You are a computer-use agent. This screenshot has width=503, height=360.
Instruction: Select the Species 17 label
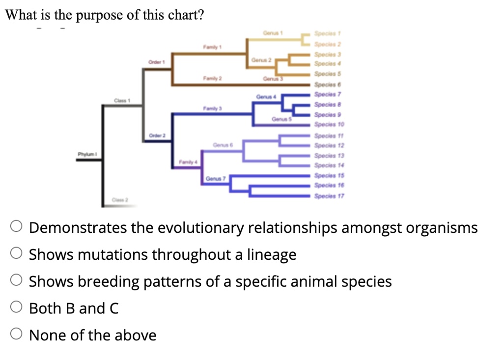330,195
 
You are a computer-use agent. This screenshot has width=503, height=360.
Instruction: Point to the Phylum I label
86,154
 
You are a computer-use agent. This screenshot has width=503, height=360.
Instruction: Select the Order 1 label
156,62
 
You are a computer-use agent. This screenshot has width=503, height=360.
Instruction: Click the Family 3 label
210,108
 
